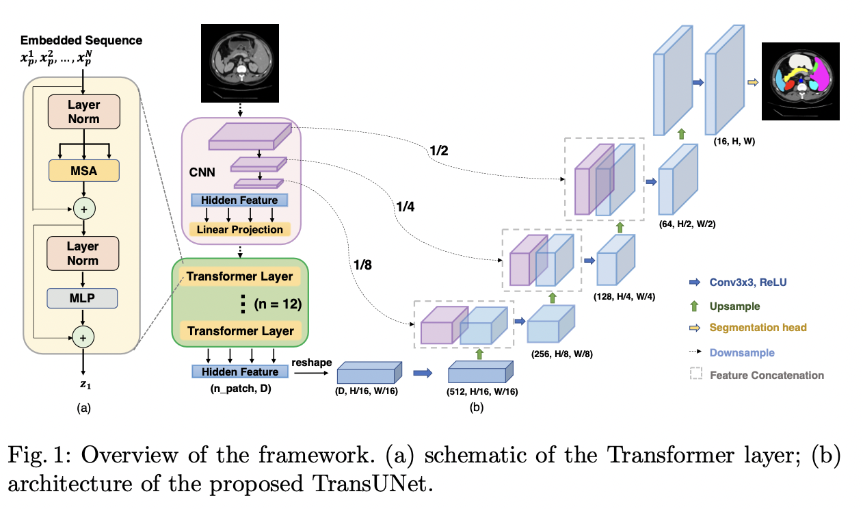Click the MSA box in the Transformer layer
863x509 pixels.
83,171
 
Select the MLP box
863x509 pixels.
83,298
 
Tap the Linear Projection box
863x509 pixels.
239,229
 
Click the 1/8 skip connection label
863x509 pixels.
364,264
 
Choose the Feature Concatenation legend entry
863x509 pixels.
767,375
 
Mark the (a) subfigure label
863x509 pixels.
83,408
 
